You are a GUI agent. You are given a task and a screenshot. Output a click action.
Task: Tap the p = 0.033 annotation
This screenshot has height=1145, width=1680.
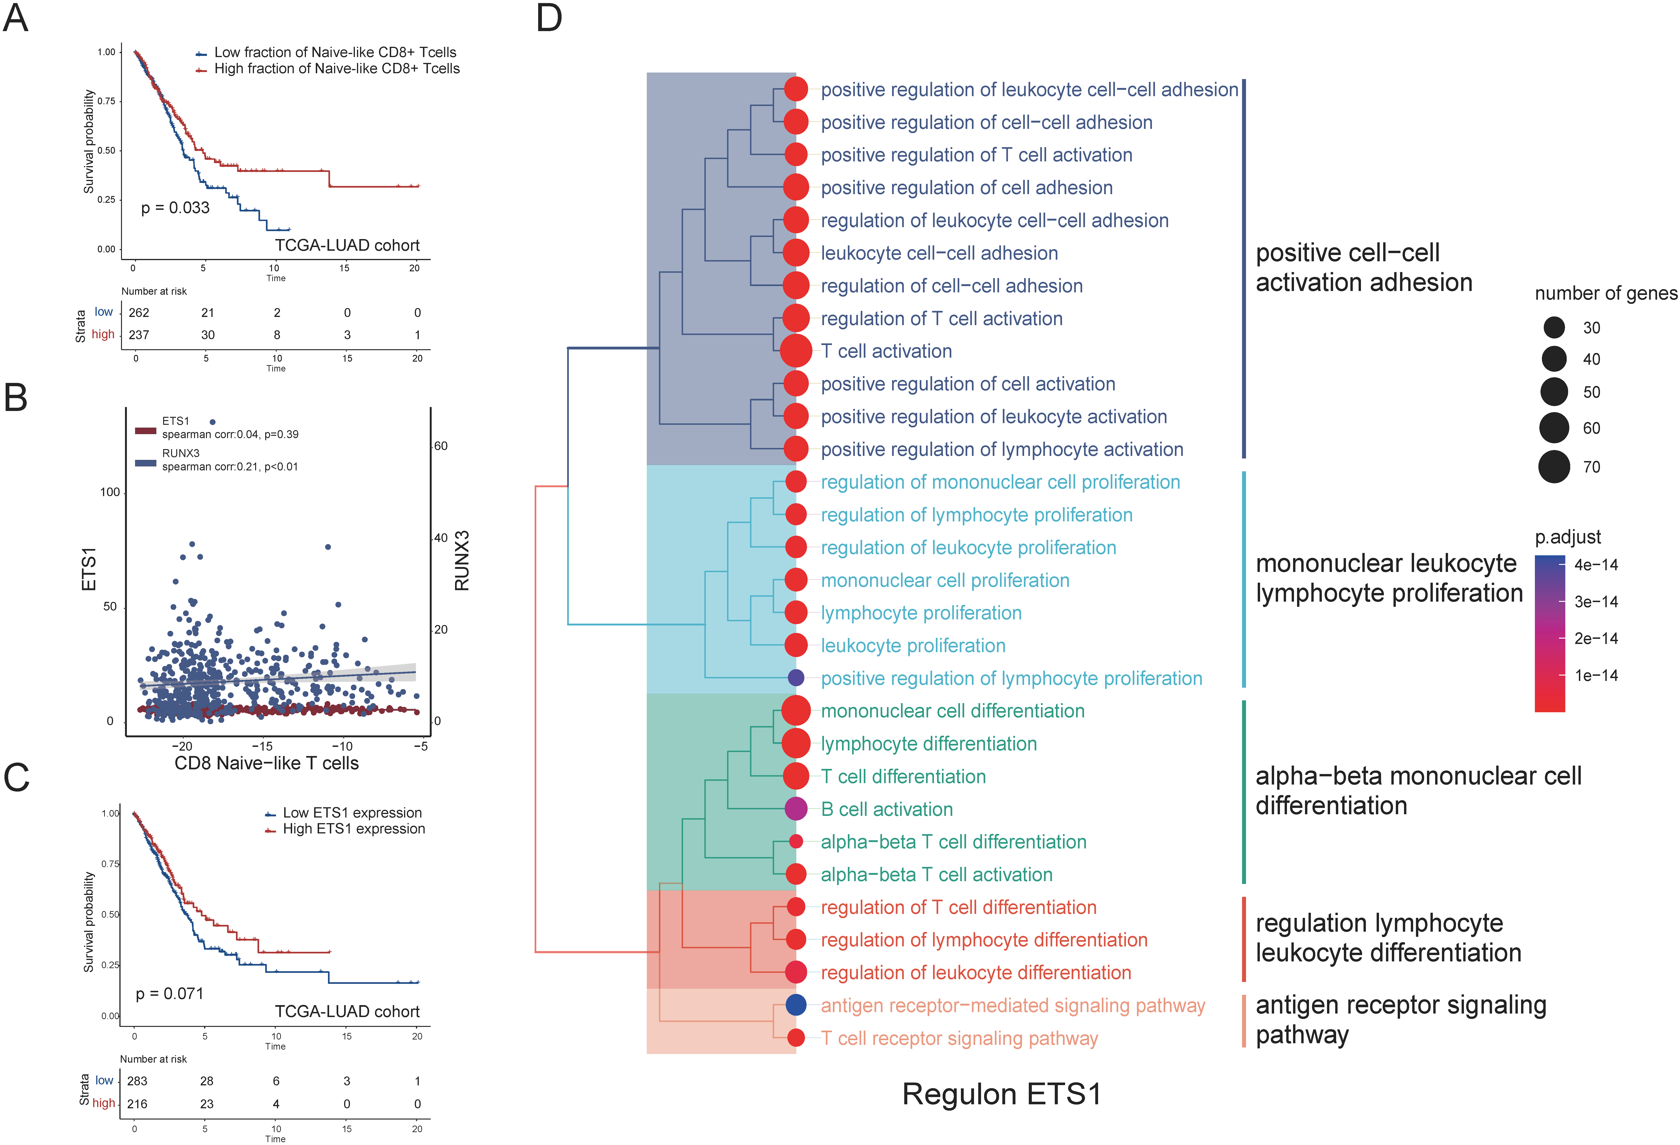click(175, 208)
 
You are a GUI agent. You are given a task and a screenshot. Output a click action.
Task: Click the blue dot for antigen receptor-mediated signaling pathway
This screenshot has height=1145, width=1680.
click(796, 1005)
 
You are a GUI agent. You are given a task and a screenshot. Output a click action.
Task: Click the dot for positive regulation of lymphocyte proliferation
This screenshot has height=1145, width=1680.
click(796, 678)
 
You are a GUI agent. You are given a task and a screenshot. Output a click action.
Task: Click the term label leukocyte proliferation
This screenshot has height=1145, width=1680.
click(913, 646)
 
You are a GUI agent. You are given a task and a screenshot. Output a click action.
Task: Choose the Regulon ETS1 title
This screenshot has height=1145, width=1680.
click(1002, 1094)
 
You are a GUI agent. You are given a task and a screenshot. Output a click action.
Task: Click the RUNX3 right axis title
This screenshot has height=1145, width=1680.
click(462, 561)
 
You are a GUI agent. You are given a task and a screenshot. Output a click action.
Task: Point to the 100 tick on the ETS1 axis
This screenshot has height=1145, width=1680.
click(110, 493)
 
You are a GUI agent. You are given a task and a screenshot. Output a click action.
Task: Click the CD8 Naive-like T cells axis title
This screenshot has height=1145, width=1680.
click(267, 763)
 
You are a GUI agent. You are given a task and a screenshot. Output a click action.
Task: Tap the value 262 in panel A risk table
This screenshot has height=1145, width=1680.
click(139, 313)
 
